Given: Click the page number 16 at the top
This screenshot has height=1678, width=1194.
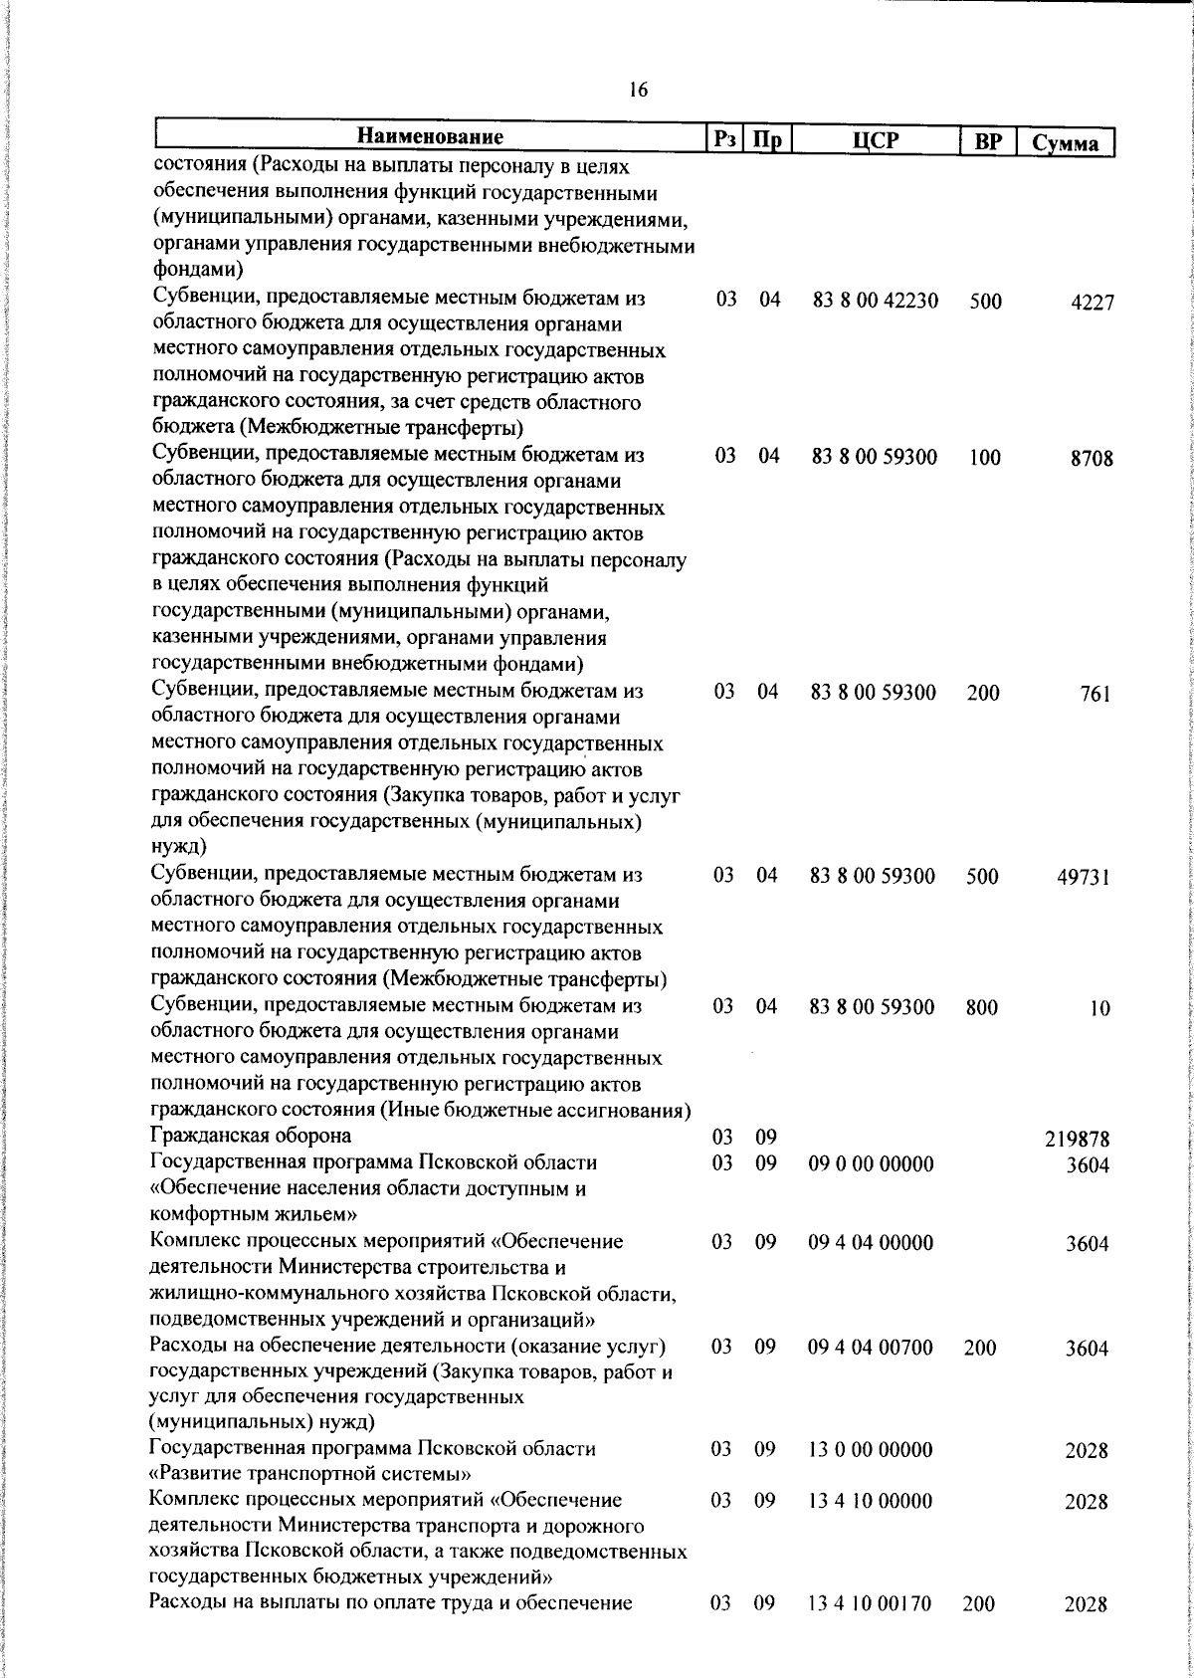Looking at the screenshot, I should click(638, 91).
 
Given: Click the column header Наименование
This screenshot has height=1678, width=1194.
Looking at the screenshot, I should click(431, 137).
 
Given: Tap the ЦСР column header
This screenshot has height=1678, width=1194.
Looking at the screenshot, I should click(875, 139).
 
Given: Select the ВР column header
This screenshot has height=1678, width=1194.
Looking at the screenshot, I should click(987, 141).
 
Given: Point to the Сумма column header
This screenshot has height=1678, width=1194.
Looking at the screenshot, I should click(1065, 142).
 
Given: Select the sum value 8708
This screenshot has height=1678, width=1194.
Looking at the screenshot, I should click(1092, 459).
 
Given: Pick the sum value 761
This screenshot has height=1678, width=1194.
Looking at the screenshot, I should click(1094, 695).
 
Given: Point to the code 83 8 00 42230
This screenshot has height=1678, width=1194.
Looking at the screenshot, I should click(876, 300).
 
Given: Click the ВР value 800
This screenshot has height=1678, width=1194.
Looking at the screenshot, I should click(982, 1008).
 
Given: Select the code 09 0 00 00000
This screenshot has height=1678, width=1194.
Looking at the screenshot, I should click(872, 1163).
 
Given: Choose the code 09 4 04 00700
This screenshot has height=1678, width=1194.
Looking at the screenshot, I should click(872, 1348).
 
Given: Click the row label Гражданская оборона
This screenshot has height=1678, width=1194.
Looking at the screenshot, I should click(250, 1136).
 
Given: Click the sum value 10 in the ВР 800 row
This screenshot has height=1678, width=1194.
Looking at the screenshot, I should click(1098, 1009).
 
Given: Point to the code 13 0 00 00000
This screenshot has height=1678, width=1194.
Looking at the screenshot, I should click(872, 1450).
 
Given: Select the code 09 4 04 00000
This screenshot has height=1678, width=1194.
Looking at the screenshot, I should click(872, 1242).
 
